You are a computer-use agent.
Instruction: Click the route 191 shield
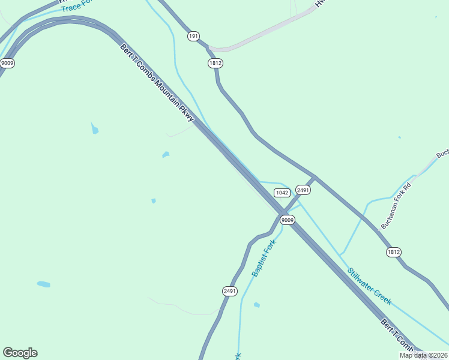tap(193, 37)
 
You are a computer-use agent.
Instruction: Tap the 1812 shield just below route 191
tap(215, 63)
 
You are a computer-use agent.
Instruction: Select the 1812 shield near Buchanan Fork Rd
tap(393, 252)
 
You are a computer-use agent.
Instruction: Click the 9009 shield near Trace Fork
tap(7, 63)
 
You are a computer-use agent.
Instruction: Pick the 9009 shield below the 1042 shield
tap(288, 220)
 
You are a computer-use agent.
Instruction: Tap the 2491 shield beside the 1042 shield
tap(303, 190)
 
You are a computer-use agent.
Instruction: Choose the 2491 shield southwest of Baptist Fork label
tap(229, 291)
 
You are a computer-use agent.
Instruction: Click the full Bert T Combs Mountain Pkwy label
tap(157, 82)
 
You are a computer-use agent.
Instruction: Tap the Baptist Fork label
tap(264, 258)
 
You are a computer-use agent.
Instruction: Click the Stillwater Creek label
tap(369, 286)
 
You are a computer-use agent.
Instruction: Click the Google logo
tap(20, 353)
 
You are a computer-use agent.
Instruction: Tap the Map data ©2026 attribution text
tap(423, 355)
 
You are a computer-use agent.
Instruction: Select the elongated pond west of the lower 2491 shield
tap(43, 284)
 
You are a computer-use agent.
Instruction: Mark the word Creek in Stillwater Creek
tap(383, 296)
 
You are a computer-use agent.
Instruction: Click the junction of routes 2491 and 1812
tap(315, 177)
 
